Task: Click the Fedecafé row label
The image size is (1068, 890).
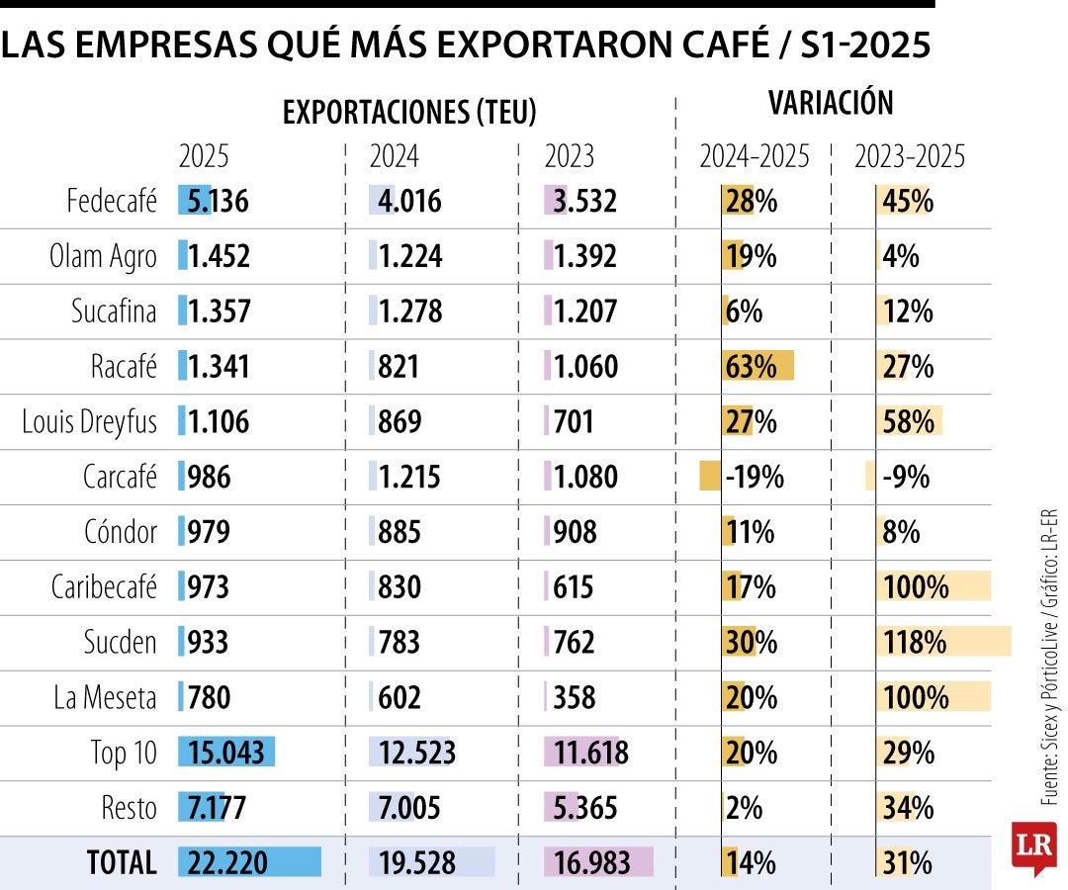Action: (111, 202)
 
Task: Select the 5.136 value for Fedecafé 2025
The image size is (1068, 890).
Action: (214, 202)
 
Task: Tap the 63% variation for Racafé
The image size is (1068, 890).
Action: (752, 367)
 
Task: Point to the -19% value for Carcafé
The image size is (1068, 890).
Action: (755, 478)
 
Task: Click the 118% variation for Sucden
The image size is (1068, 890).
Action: (914, 643)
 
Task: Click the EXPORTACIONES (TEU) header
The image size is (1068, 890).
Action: (409, 113)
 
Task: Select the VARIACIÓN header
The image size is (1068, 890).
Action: (831, 103)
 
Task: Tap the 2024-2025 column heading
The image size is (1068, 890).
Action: (755, 157)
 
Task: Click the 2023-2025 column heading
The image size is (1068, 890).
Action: (910, 157)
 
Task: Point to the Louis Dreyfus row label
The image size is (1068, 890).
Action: (90, 422)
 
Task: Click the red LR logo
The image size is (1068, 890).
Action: (1033, 846)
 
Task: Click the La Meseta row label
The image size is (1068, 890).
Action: (105, 698)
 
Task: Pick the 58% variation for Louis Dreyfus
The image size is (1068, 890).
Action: (908, 422)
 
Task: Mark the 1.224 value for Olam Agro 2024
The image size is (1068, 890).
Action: (410, 257)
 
